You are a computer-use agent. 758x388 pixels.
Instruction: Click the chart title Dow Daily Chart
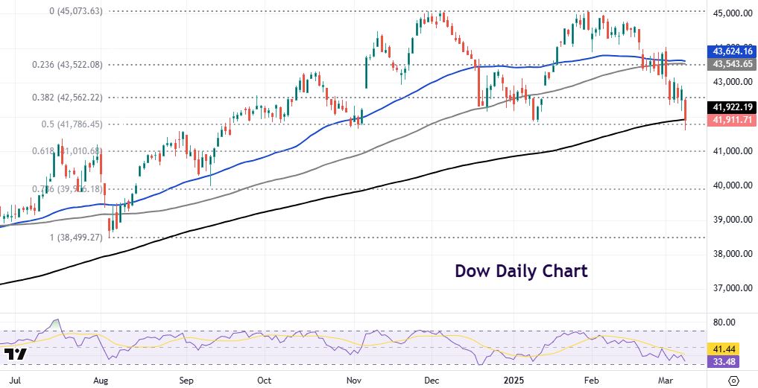click(521, 271)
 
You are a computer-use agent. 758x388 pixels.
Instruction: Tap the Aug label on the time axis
click(102, 380)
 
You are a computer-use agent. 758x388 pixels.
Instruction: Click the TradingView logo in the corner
click(16, 354)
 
